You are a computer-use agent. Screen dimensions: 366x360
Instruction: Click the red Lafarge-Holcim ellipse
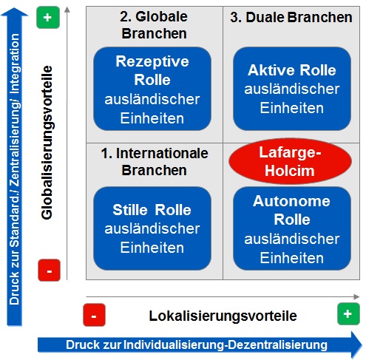pyautogui.click(x=290, y=161)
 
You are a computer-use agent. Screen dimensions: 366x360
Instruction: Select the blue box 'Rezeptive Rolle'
pyautogui.click(x=152, y=89)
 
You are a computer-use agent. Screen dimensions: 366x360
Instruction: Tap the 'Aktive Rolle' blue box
pyautogui.click(x=292, y=89)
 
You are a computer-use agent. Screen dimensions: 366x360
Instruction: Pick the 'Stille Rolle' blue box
pyautogui.click(x=152, y=228)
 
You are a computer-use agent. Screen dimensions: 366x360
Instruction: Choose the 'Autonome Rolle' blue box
pyautogui.click(x=292, y=228)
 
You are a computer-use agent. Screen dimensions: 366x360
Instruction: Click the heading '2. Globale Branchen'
pyautogui.click(x=154, y=25)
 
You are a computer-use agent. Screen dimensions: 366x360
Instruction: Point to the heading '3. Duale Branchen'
pyautogui.click(x=291, y=17)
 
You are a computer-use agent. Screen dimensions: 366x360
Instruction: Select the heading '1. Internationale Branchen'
pyautogui.click(x=155, y=162)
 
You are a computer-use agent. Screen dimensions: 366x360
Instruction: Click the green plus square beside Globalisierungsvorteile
pyautogui.click(x=48, y=18)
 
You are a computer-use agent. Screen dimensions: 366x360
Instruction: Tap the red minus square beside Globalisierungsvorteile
pyautogui.click(x=49, y=271)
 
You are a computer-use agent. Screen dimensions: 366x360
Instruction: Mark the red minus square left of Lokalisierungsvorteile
pyautogui.click(x=94, y=315)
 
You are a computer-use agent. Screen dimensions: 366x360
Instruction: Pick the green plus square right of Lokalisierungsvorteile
pyautogui.click(x=348, y=314)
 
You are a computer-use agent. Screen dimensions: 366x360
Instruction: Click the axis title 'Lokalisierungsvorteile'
pyautogui.click(x=223, y=316)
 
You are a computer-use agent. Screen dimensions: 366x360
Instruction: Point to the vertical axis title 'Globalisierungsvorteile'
pyautogui.click(x=47, y=143)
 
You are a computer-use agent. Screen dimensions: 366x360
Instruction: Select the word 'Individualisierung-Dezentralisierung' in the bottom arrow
pyautogui.click(x=226, y=344)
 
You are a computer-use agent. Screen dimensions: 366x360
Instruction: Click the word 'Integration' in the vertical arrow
pyautogui.click(x=15, y=64)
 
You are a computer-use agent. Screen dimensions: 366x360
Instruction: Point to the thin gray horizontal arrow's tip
pyautogui.click(x=359, y=296)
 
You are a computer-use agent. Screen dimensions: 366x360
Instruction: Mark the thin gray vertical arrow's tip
pyautogui.click(x=67, y=7)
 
